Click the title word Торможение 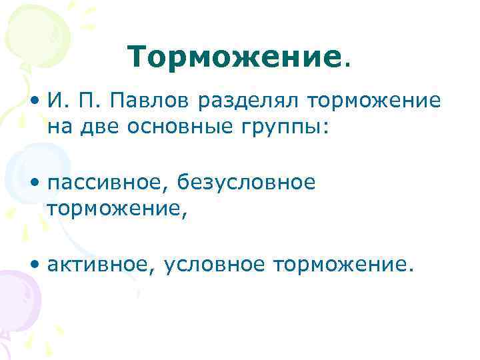pos(233,58)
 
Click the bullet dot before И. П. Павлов pos(34,102)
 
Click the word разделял pos(247,102)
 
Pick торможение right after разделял pos(374,102)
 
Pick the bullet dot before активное pos(34,265)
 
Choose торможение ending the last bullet pos(341,265)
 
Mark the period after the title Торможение pos(345,66)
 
